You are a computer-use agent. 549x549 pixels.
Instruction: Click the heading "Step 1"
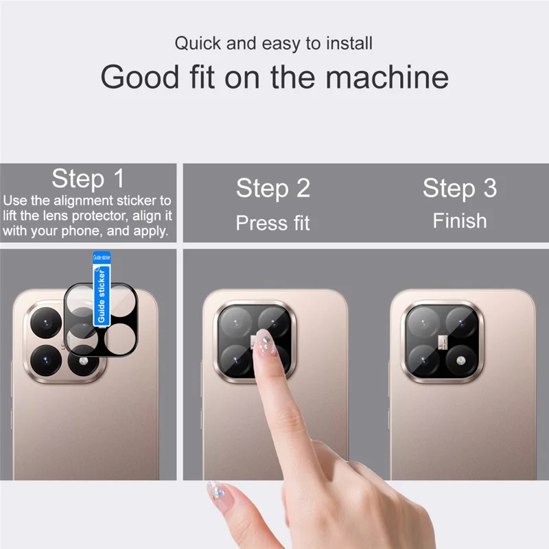(x=88, y=179)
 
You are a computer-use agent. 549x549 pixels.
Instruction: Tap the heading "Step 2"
(x=273, y=188)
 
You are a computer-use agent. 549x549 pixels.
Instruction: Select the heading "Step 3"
(x=459, y=187)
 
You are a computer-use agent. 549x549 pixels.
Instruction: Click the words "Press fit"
(x=273, y=223)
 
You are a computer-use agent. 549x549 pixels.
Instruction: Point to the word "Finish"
(x=459, y=221)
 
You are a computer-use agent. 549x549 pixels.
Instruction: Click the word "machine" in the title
(x=387, y=77)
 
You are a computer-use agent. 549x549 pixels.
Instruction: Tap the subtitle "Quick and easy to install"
(x=273, y=44)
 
